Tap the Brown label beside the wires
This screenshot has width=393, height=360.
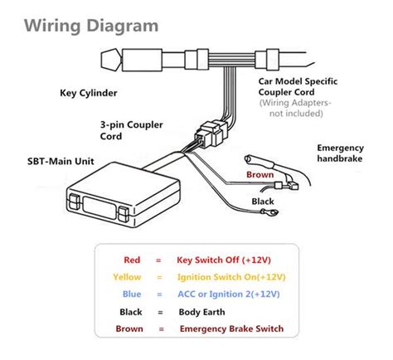[260, 175]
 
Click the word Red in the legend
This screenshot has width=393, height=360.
[131, 259]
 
